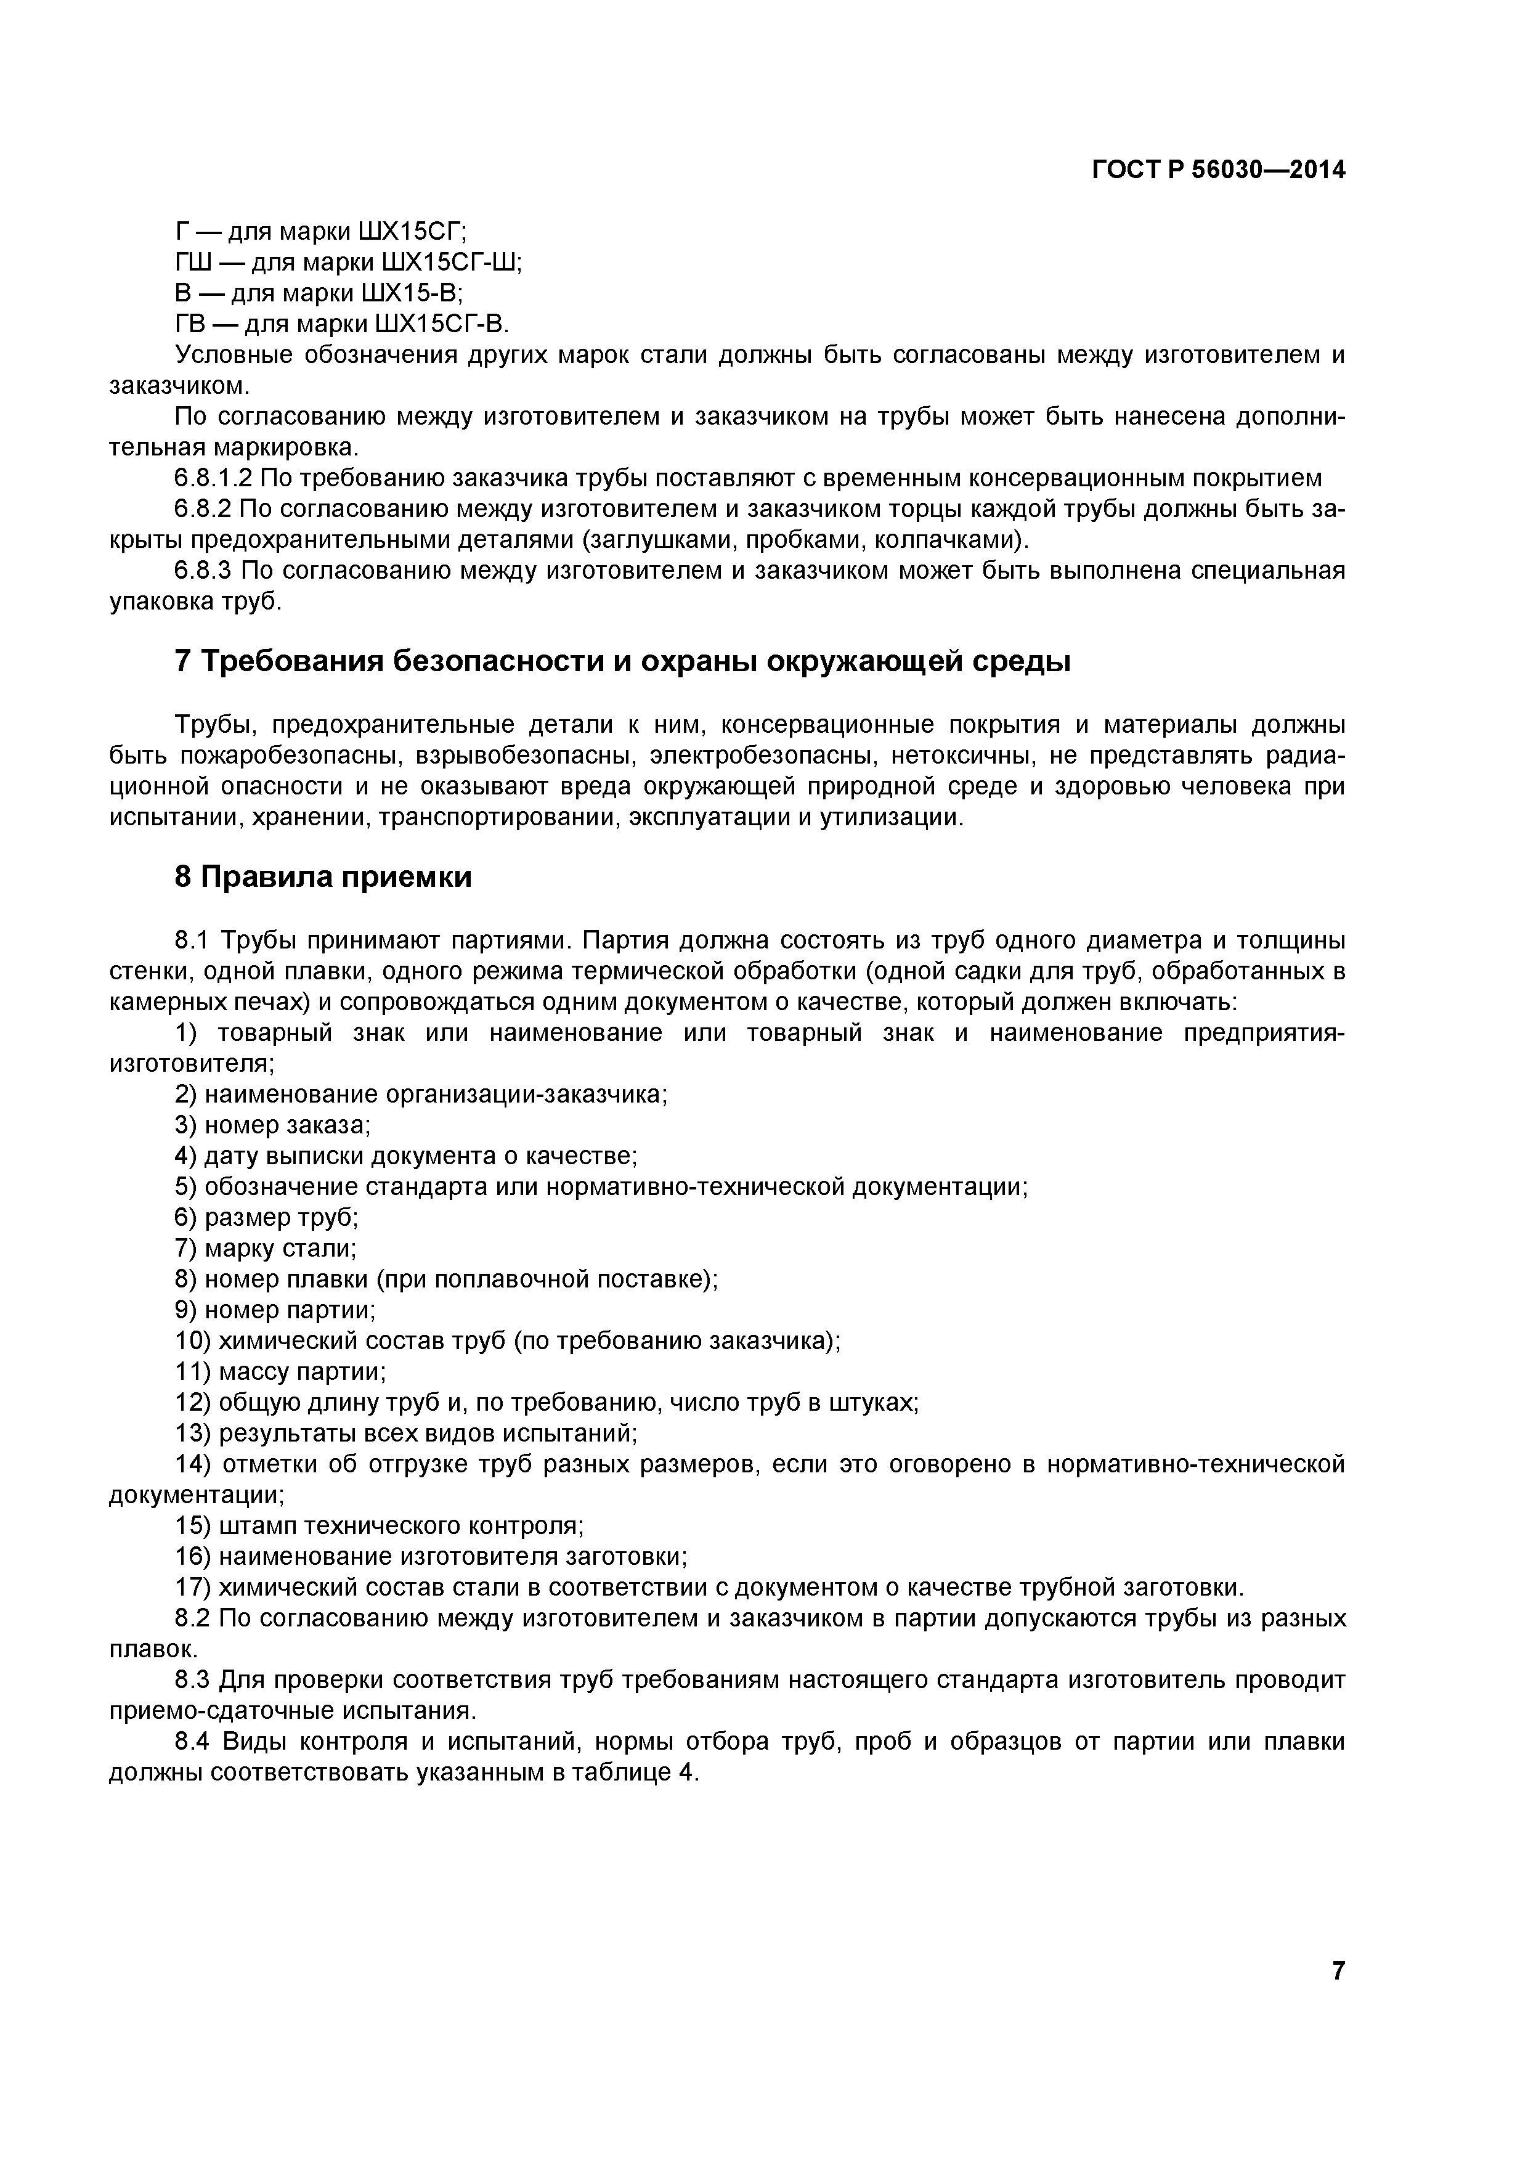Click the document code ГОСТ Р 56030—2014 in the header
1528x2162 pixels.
[x=1218, y=171]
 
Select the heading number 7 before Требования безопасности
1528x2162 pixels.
[x=184, y=662]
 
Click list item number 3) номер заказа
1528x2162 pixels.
[x=273, y=1125]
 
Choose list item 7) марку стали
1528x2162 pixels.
[x=266, y=1249]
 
